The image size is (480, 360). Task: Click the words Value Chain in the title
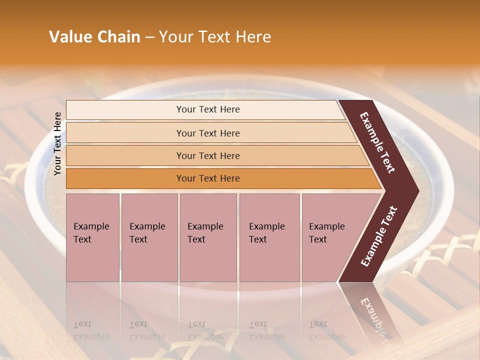[x=94, y=37]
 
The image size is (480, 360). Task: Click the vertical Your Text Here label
[x=57, y=144]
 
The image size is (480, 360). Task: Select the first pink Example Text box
[x=92, y=237]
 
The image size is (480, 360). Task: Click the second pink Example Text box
[x=149, y=237]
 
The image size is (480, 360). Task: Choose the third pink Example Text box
[x=208, y=237]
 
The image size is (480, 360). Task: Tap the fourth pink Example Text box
[x=269, y=237]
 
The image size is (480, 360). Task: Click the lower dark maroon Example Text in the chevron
[x=379, y=236]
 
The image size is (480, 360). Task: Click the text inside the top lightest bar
[x=208, y=109]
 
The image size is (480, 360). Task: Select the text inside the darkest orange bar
[x=208, y=178]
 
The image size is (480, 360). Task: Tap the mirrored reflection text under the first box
[x=91, y=330]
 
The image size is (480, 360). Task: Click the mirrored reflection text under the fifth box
[x=327, y=330]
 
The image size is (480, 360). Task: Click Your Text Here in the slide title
[x=215, y=37]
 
